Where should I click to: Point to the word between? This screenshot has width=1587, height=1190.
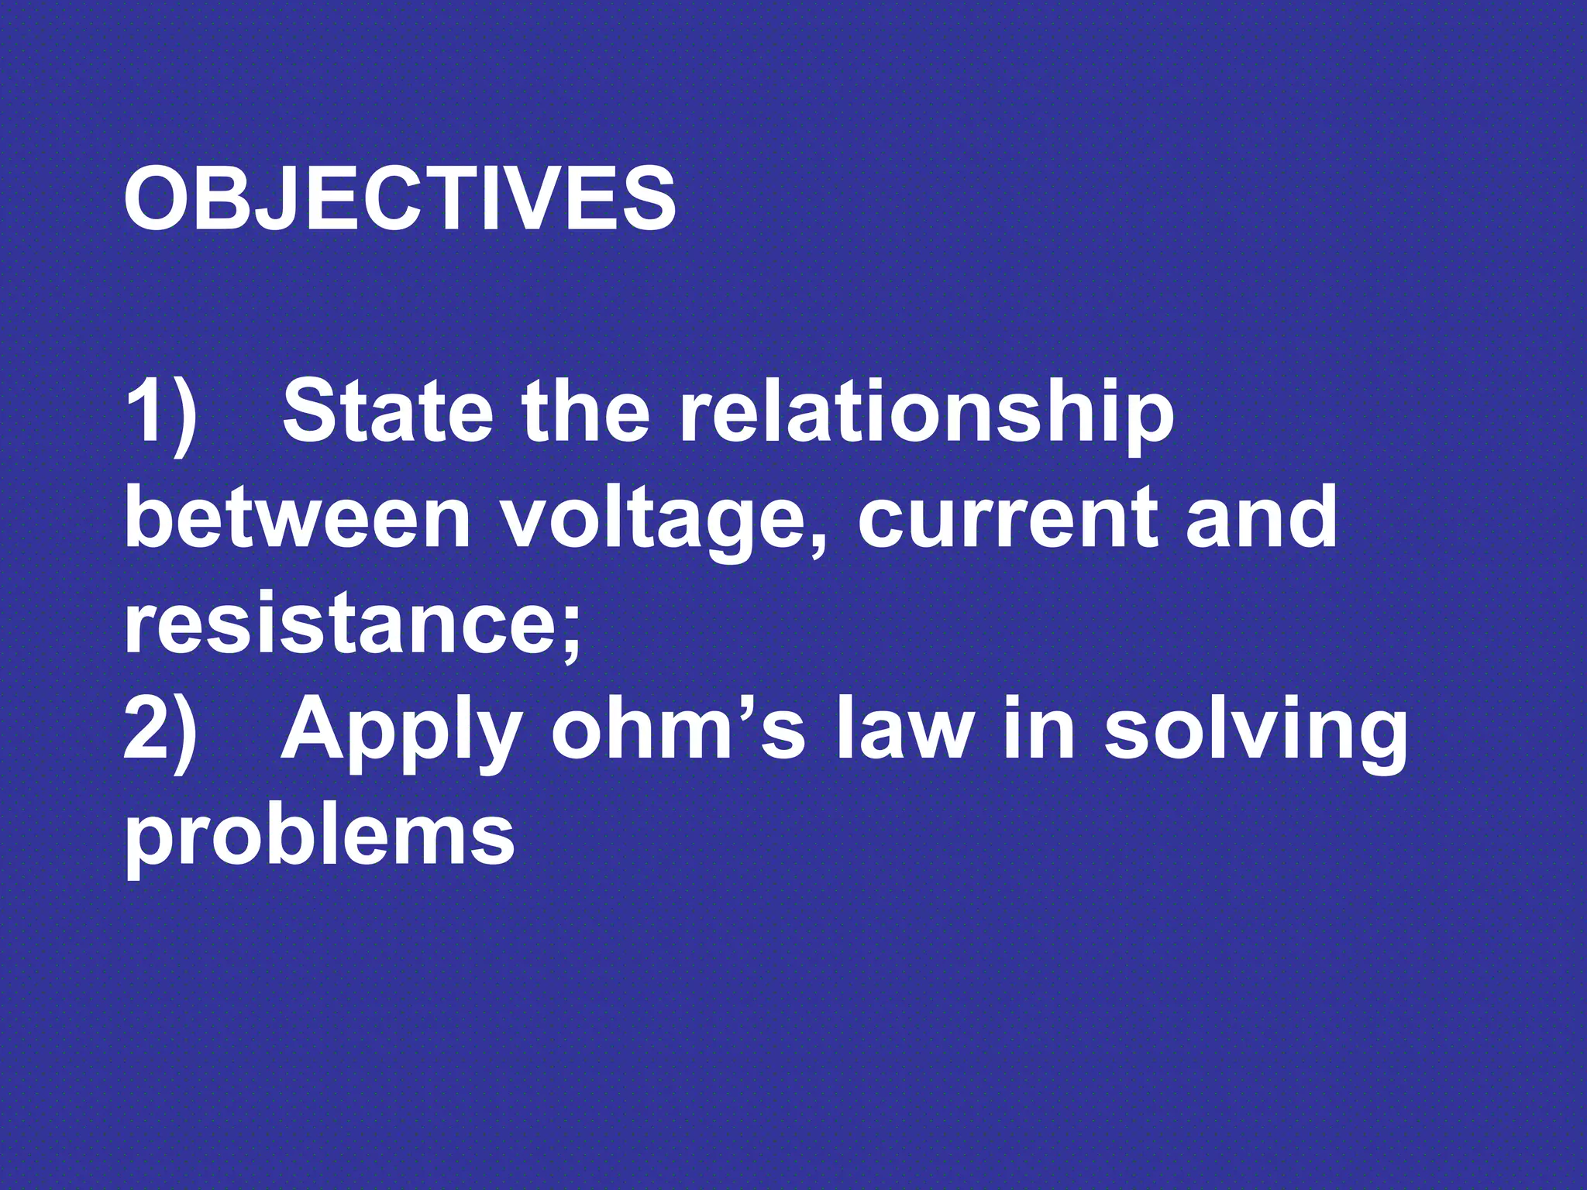point(298,517)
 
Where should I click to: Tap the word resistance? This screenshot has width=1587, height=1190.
point(341,624)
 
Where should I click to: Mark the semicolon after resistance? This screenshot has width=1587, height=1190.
point(571,631)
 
